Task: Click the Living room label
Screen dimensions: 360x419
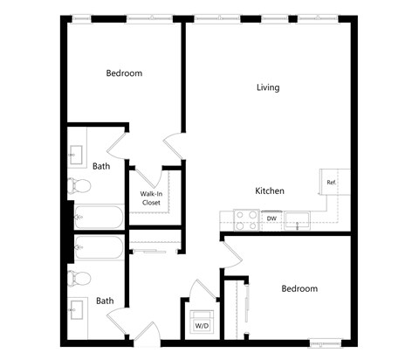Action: [x=268, y=87]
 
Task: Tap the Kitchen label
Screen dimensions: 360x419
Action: [x=269, y=190]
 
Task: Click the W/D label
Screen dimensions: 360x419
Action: [x=202, y=325]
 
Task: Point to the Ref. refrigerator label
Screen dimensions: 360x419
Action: [x=332, y=182]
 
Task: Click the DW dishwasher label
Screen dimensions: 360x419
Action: [x=271, y=218]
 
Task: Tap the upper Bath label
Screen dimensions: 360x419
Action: [x=101, y=165]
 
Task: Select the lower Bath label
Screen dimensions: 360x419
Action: [x=105, y=301]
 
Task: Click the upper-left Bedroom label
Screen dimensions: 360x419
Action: [x=124, y=73]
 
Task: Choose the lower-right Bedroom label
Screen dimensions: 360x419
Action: [x=299, y=288]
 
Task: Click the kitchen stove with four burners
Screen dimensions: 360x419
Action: [x=245, y=219]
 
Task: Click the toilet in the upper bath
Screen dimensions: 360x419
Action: [x=79, y=185]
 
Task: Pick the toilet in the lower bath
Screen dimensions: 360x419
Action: [x=79, y=278]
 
